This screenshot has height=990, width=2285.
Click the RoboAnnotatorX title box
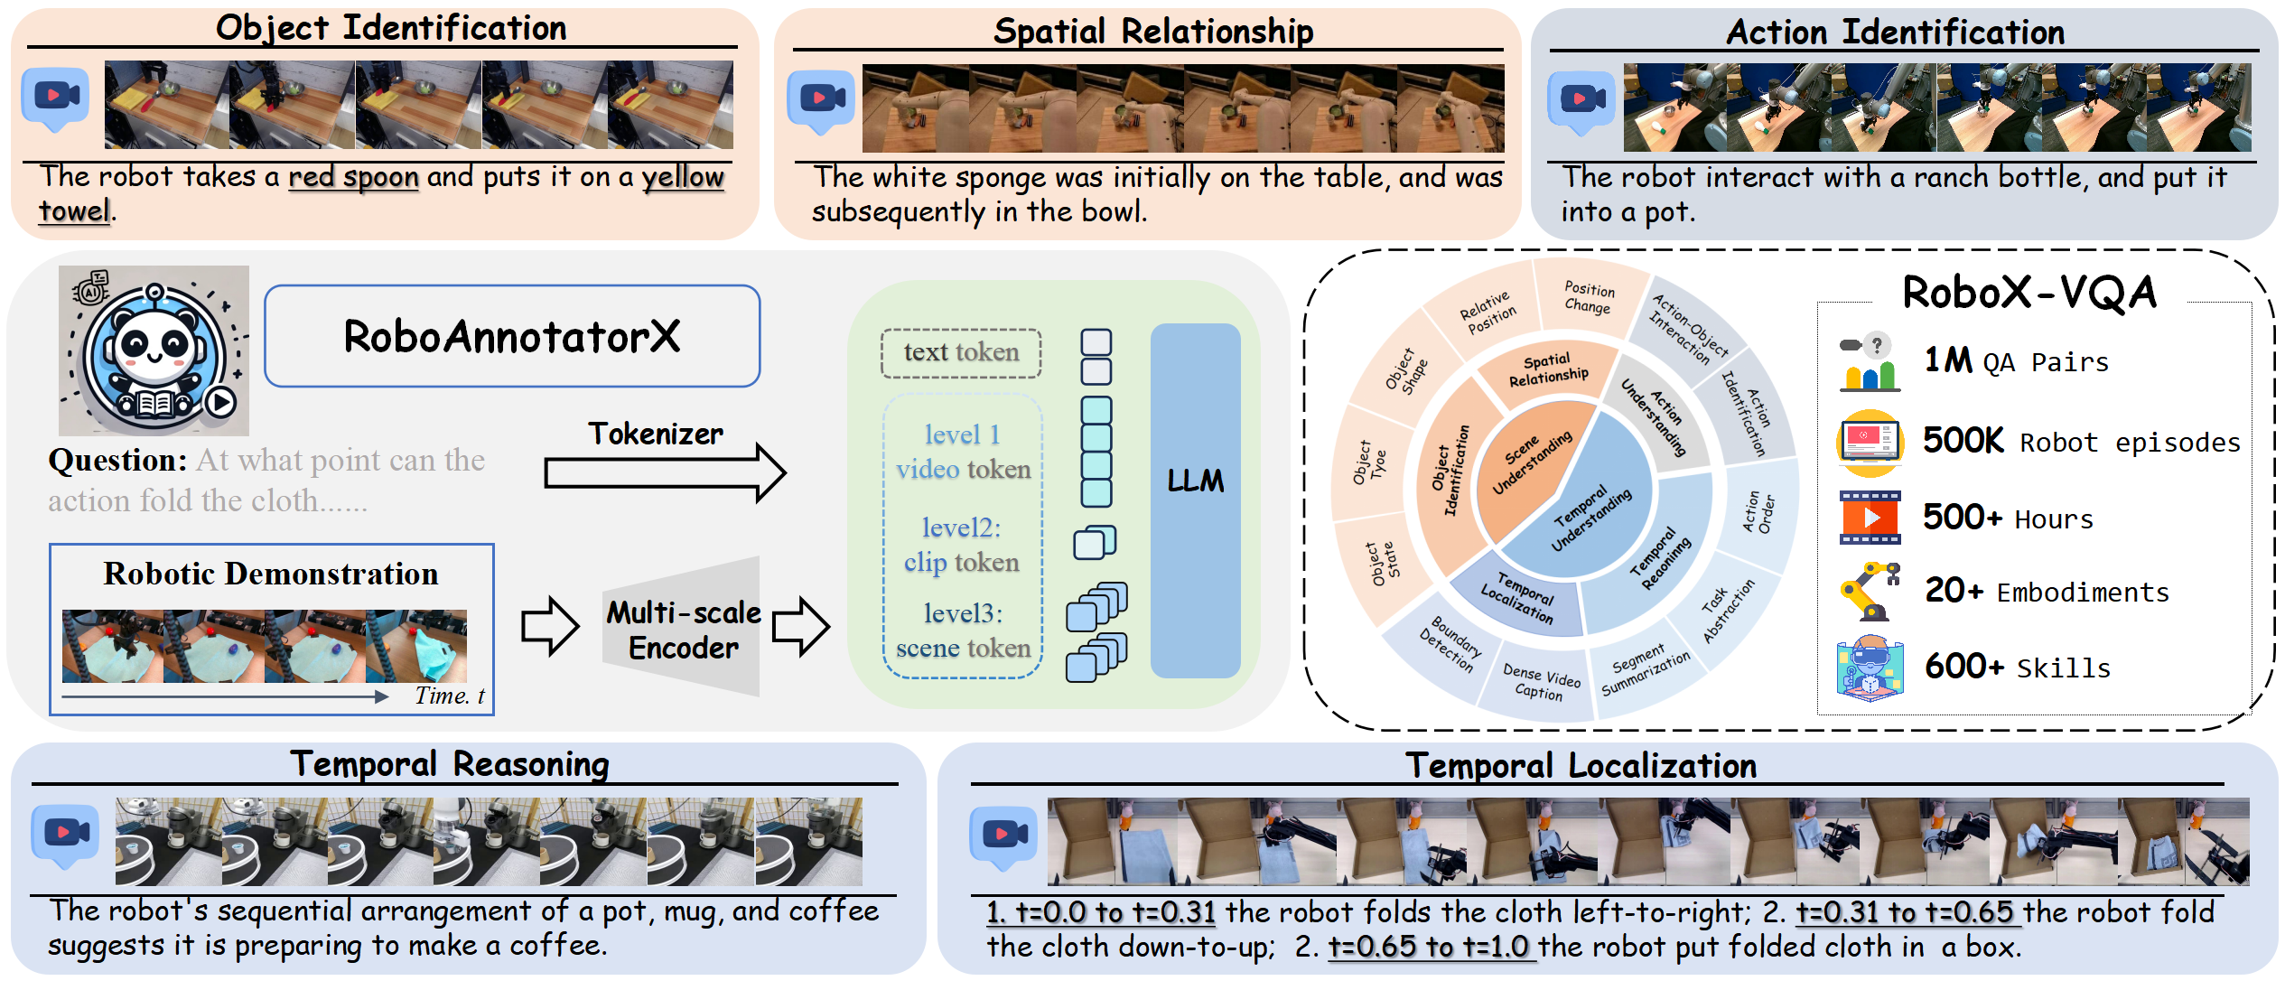pyautogui.click(x=512, y=336)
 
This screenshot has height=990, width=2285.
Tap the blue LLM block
pyautogui.click(x=1195, y=500)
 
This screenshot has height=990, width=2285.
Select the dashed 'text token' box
pyautogui.click(x=961, y=352)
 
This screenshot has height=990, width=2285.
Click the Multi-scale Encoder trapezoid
pyautogui.click(x=683, y=627)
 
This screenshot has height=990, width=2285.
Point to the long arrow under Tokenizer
pyautogui.click(x=665, y=472)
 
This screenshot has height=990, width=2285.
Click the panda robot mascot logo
pyautogui.click(x=154, y=350)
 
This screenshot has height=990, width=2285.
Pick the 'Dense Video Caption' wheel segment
pyautogui.click(x=1541, y=682)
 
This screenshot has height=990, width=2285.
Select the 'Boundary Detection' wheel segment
pyautogui.click(x=1443, y=646)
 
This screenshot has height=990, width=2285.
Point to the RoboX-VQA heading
pyautogui.click(x=2029, y=292)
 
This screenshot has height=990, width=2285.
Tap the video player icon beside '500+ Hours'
pyautogui.click(x=1870, y=518)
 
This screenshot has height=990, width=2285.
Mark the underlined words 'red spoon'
pyautogui.click(x=353, y=177)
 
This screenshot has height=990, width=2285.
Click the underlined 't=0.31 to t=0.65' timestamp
pyautogui.click(x=1905, y=912)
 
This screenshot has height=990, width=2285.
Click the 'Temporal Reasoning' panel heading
pyautogui.click(x=450, y=764)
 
